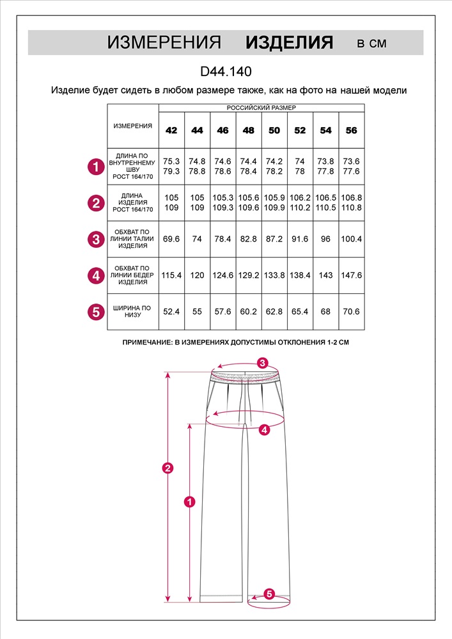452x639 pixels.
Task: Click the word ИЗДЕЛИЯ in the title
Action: pos(290,43)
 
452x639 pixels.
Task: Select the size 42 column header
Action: pos(171,130)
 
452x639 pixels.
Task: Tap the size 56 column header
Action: pos(351,130)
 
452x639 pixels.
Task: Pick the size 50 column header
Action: pos(274,130)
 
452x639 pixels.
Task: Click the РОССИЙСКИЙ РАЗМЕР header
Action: pos(261,108)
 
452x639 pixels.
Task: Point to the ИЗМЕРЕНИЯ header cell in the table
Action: pos(133,126)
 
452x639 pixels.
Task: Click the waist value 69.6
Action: pos(171,239)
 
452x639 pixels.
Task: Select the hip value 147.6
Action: pos(351,275)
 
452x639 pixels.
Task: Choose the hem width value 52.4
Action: pos(171,311)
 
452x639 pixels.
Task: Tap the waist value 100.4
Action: pos(351,239)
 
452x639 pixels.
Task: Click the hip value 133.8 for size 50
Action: pos(274,275)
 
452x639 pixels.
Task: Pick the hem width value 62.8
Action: pos(274,311)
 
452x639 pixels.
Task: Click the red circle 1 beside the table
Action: pos(96,167)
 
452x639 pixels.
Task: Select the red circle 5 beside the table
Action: pos(96,312)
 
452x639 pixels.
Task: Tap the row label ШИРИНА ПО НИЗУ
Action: pos(133,311)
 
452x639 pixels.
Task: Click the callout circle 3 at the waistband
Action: pos(262,363)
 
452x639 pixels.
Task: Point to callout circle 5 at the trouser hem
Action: pos(269,594)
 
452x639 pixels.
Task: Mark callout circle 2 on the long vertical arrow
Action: pos(168,468)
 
